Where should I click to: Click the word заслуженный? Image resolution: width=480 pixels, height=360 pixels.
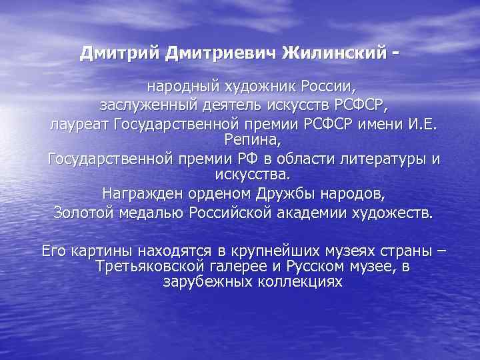point(141,105)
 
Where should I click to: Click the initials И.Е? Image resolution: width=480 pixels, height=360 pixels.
point(421,123)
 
